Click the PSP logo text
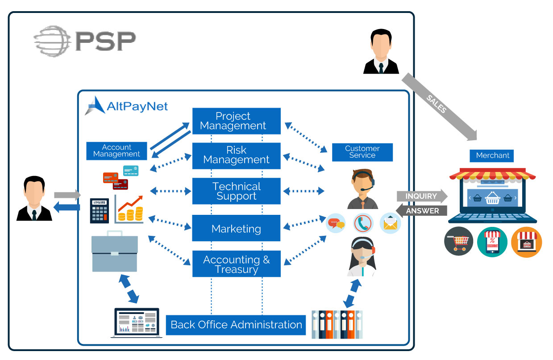tap(105, 41)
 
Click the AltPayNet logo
tap(127, 106)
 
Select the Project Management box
tap(236, 121)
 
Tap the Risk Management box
tap(236, 155)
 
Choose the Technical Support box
tap(236, 191)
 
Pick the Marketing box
tap(236, 228)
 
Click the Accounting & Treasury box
tap(236, 264)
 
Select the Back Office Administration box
tap(236, 324)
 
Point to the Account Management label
tap(116, 151)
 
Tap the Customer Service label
tap(362, 152)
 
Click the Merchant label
tap(492, 155)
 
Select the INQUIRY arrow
tap(421, 196)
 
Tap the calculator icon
tap(99, 211)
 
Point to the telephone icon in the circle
tap(363, 223)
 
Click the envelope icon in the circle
tap(390, 223)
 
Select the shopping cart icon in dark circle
tap(458, 242)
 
